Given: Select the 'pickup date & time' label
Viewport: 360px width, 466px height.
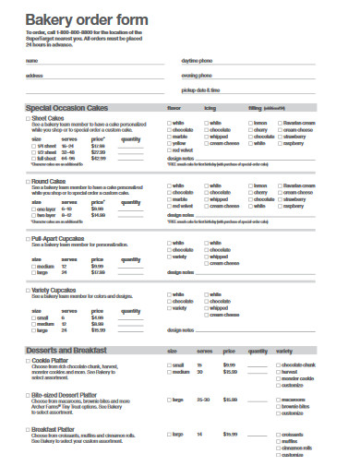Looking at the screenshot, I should pos(201,90).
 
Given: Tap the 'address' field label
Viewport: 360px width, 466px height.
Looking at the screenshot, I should pos(34,76).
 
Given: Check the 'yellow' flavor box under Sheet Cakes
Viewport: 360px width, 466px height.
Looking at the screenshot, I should pos(170,144).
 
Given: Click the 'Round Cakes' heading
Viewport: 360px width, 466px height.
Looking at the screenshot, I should pos(54,181).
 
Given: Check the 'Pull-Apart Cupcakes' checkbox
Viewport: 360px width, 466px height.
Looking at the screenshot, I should pos(28,238).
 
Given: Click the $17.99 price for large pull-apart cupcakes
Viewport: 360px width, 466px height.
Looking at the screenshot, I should pos(98,273).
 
